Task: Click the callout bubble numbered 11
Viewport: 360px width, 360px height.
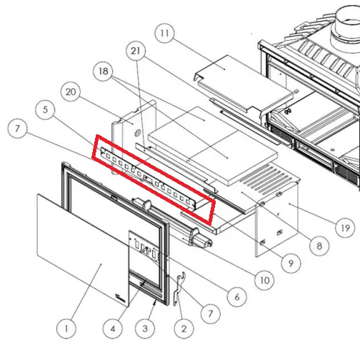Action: pyautogui.click(x=164, y=33)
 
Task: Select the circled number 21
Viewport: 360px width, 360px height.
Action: pyautogui.click(x=136, y=51)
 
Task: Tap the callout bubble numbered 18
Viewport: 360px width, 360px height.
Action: pyautogui.click(x=103, y=71)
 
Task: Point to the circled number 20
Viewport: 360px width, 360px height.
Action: pyautogui.click(x=71, y=92)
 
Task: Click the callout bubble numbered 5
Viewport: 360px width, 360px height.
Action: pyautogui.click(x=45, y=110)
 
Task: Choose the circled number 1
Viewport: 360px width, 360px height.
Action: pyautogui.click(x=66, y=329)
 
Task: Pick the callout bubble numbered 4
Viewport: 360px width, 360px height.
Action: pyautogui.click(x=113, y=329)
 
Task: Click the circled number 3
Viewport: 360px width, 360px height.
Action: pyautogui.click(x=145, y=329)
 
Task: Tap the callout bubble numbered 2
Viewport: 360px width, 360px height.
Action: pyautogui.click(x=184, y=329)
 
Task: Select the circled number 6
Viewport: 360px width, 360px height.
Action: pyautogui.click(x=237, y=296)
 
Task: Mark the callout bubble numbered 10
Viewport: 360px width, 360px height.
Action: pyautogui.click(x=264, y=280)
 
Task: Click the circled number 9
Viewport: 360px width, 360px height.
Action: pyautogui.click(x=291, y=264)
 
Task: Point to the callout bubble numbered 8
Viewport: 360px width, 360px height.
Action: pyautogui.click(x=319, y=246)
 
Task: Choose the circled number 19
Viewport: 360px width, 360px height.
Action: pyautogui.click(x=345, y=228)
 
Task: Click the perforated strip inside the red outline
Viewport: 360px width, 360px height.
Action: pyautogui.click(x=148, y=177)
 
